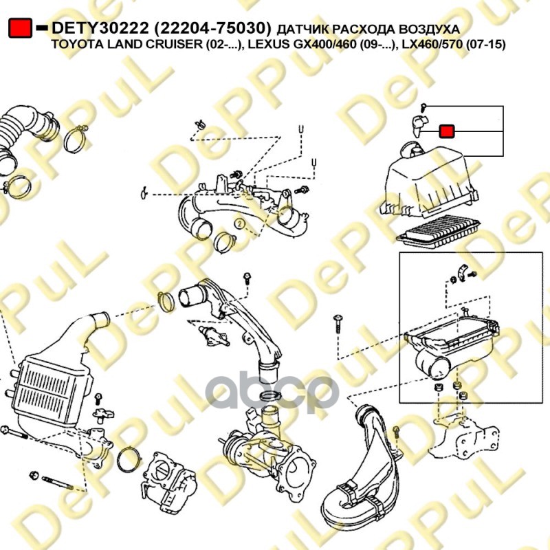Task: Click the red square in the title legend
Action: point(21,28)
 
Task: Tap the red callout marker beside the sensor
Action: point(447,131)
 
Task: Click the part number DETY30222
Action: point(102,29)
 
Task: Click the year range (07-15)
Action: point(485,45)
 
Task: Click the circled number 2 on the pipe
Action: point(239,224)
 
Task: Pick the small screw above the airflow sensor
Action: point(425,107)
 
